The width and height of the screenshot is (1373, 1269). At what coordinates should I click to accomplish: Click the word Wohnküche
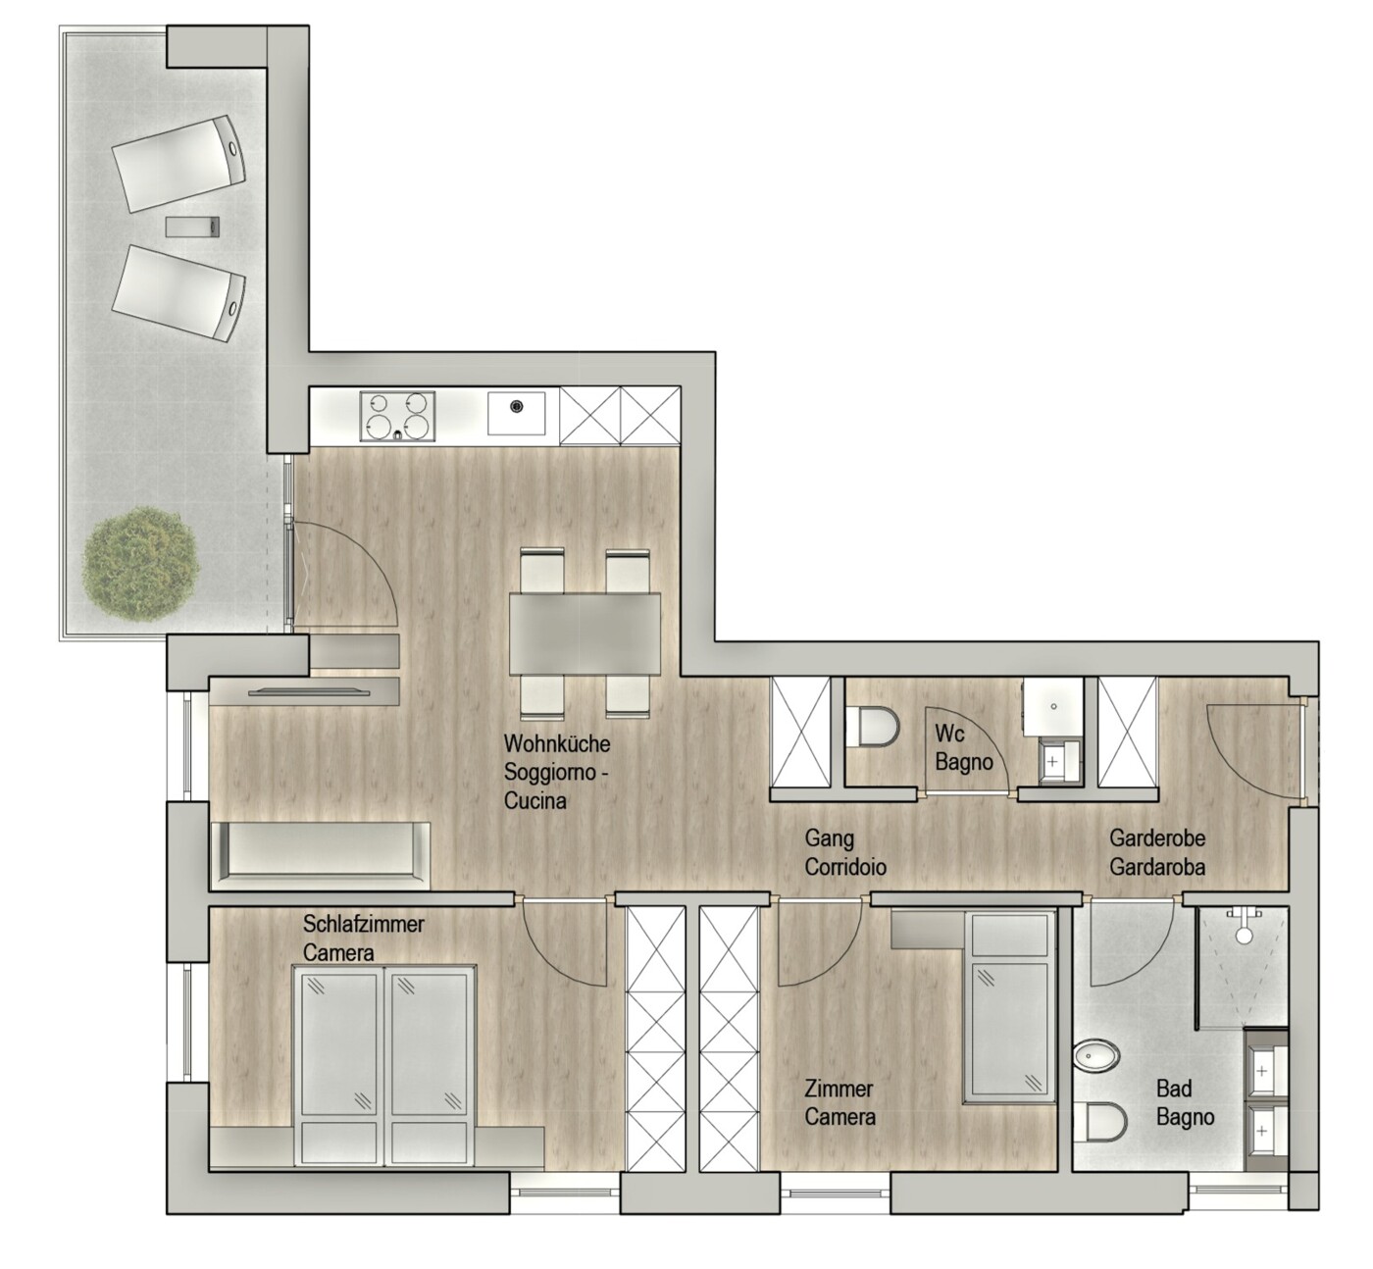(x=556, y=744)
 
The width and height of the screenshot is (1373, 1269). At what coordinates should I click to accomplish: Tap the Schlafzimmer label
(x=364, y=925)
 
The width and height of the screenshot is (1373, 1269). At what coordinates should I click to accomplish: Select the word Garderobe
(x=1157, y=838)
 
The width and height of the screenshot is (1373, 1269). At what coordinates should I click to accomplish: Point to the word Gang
(x=829, y=839)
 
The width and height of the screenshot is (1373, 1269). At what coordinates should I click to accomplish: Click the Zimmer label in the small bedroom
(x=839, y=1090)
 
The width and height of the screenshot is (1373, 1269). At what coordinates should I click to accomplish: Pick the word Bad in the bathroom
(x=1174, y=1090)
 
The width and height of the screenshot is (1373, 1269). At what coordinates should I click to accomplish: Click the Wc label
(x=949, y=733)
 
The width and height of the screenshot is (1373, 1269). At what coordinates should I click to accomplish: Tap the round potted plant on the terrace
(x=141, y=564)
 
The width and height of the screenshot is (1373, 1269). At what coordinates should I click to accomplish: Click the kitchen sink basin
(x=516, y=414)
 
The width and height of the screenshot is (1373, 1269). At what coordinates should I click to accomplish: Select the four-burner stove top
(x=397, y=416)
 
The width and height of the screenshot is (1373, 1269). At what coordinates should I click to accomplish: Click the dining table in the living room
(x=585, y=634)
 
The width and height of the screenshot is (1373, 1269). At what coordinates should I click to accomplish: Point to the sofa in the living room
(x=320, y=856)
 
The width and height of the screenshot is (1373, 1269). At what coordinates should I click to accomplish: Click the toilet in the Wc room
(x=873, y=727)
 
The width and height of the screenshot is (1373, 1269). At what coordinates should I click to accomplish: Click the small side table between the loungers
(x=193, y=227)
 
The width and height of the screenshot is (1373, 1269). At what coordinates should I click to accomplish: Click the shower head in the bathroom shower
(x=1245, y=936)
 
